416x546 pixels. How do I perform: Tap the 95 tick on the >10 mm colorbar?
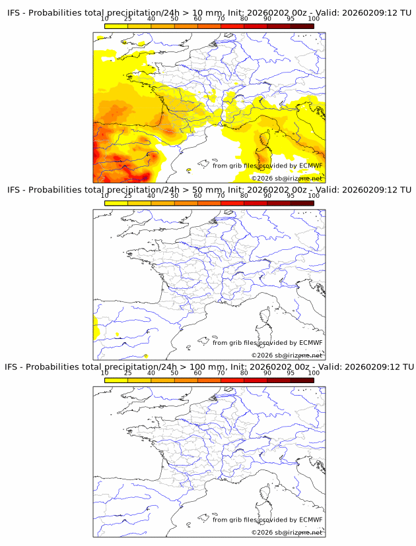point(291,19)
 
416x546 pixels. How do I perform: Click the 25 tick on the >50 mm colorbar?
point(128,196)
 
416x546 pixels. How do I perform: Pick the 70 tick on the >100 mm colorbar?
point(221,373)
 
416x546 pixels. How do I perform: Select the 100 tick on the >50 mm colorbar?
point(314,196)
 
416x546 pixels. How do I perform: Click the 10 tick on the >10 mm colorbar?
point(105,19)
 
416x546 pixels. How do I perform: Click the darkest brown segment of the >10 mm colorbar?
point(302,26)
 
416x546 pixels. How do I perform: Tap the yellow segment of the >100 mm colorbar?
point(116,380)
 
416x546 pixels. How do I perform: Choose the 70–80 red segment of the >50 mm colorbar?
point(232,203)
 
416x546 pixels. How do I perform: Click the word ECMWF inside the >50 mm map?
point(310,343)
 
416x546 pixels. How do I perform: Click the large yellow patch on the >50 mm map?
point(96,326)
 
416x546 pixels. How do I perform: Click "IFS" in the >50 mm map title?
point(15,190)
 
